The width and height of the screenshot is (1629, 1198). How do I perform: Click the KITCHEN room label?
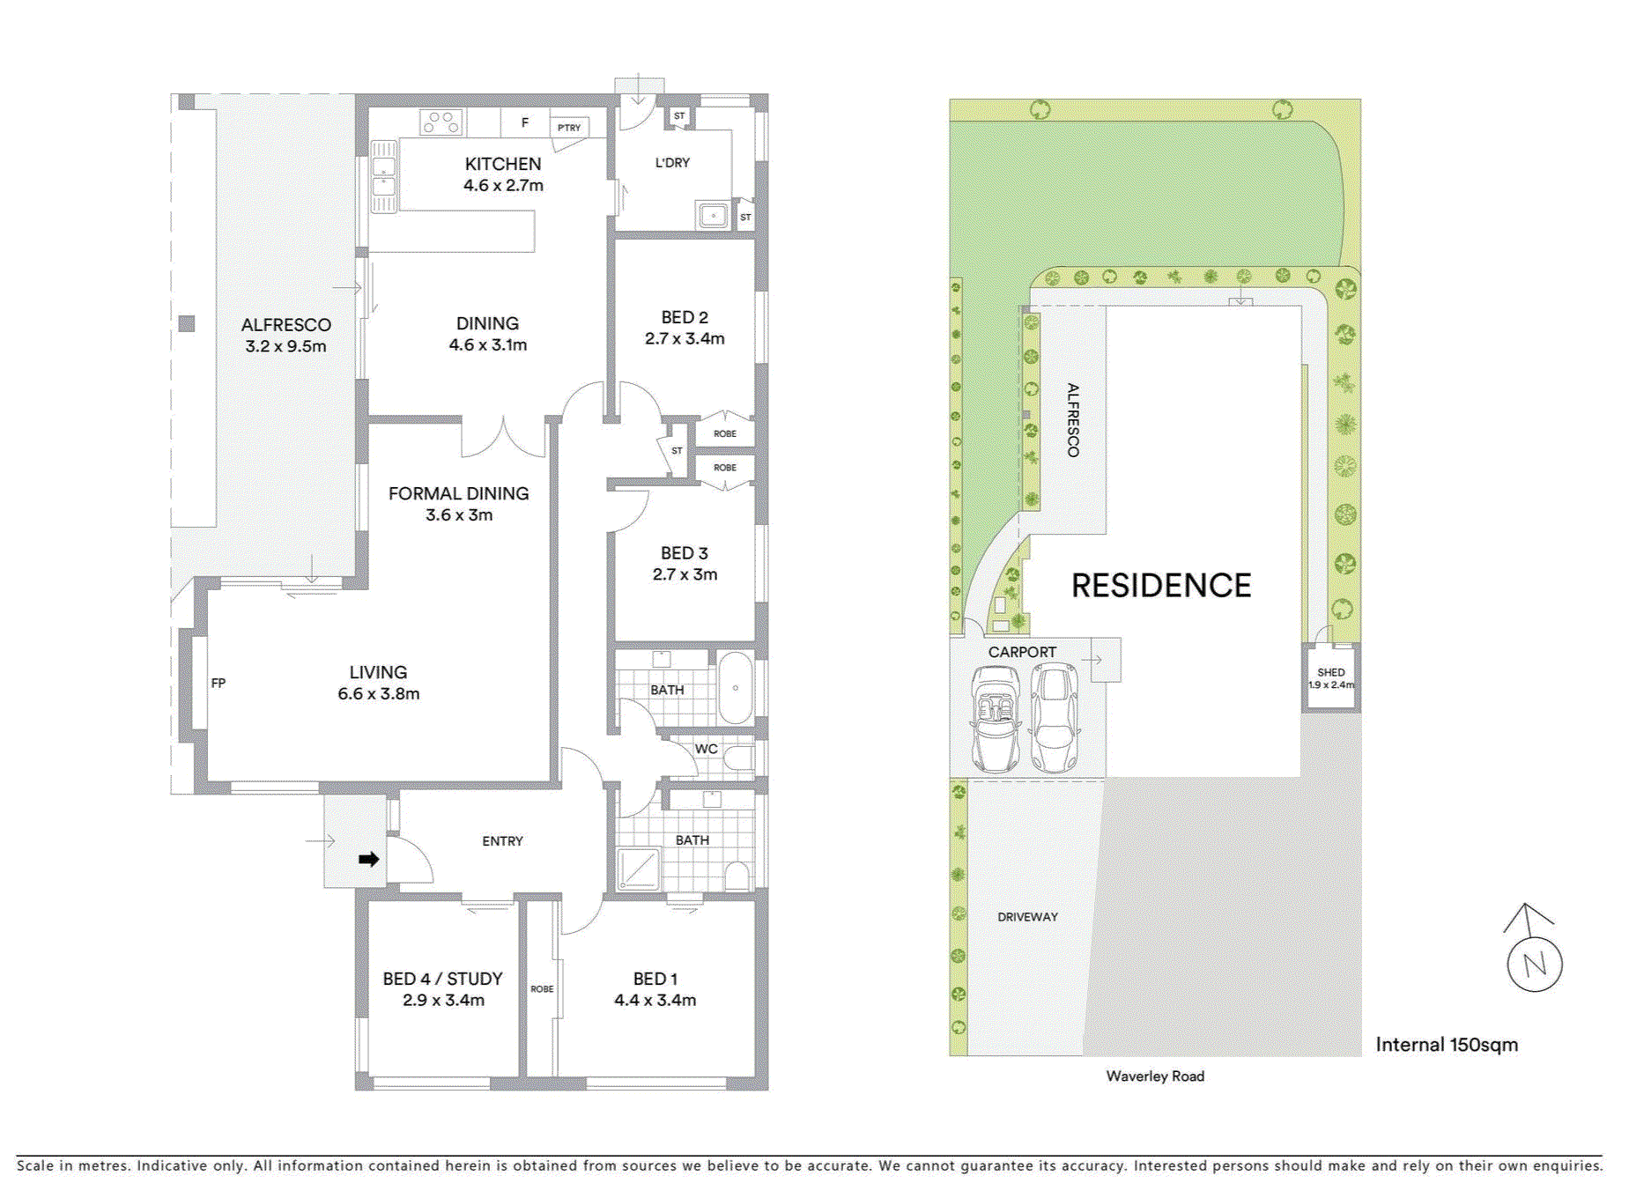tap(502, 164)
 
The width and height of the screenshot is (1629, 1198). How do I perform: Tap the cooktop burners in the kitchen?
tap(441, 122)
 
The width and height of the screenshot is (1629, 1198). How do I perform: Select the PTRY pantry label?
tap(569, 128)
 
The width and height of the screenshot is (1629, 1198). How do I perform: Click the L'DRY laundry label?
tap(672, 163)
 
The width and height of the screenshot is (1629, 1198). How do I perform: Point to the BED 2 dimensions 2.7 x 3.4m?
tap(685, 338)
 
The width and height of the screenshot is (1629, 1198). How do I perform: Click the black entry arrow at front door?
tap(368, 859)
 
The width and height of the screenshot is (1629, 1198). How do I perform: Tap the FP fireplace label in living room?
tap(218, 683)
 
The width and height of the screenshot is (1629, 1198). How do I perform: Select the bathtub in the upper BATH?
tap(735, 687)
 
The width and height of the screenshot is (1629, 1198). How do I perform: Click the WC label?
tap(707, 749)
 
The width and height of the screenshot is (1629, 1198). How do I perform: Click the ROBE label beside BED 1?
tap(542, 988)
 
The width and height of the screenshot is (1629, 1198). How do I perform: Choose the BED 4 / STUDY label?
tap(442, 979)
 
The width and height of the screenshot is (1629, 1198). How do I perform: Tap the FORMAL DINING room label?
tap(458, 493)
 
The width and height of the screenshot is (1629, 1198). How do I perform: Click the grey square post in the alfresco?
tap(187, 323)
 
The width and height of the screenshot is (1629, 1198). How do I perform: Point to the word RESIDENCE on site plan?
tap(1160, 586)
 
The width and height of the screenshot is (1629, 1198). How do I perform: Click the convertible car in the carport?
tap(995, 719)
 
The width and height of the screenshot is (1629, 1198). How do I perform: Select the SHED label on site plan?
tap(1330, 672)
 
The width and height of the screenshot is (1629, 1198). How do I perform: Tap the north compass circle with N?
tap(1534, 965)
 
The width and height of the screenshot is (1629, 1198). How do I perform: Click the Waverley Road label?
tap(1155, 1076)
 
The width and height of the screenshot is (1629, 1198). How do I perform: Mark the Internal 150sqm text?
tap(1447, 1045)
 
